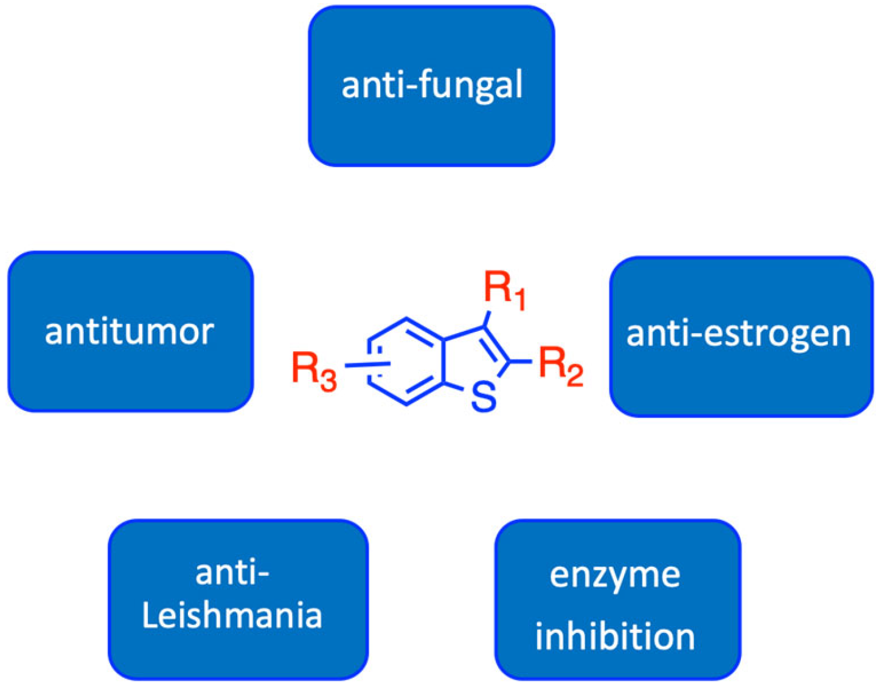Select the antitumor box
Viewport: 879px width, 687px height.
130,377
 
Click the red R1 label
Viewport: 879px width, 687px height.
504,290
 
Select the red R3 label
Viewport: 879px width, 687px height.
313,370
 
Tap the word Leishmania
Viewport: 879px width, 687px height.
232,615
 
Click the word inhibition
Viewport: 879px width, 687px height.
615,637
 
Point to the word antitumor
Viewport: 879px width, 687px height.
130,331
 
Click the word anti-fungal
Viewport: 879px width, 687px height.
432,85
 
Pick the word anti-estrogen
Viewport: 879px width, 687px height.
738,334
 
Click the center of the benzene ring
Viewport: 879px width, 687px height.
406,361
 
